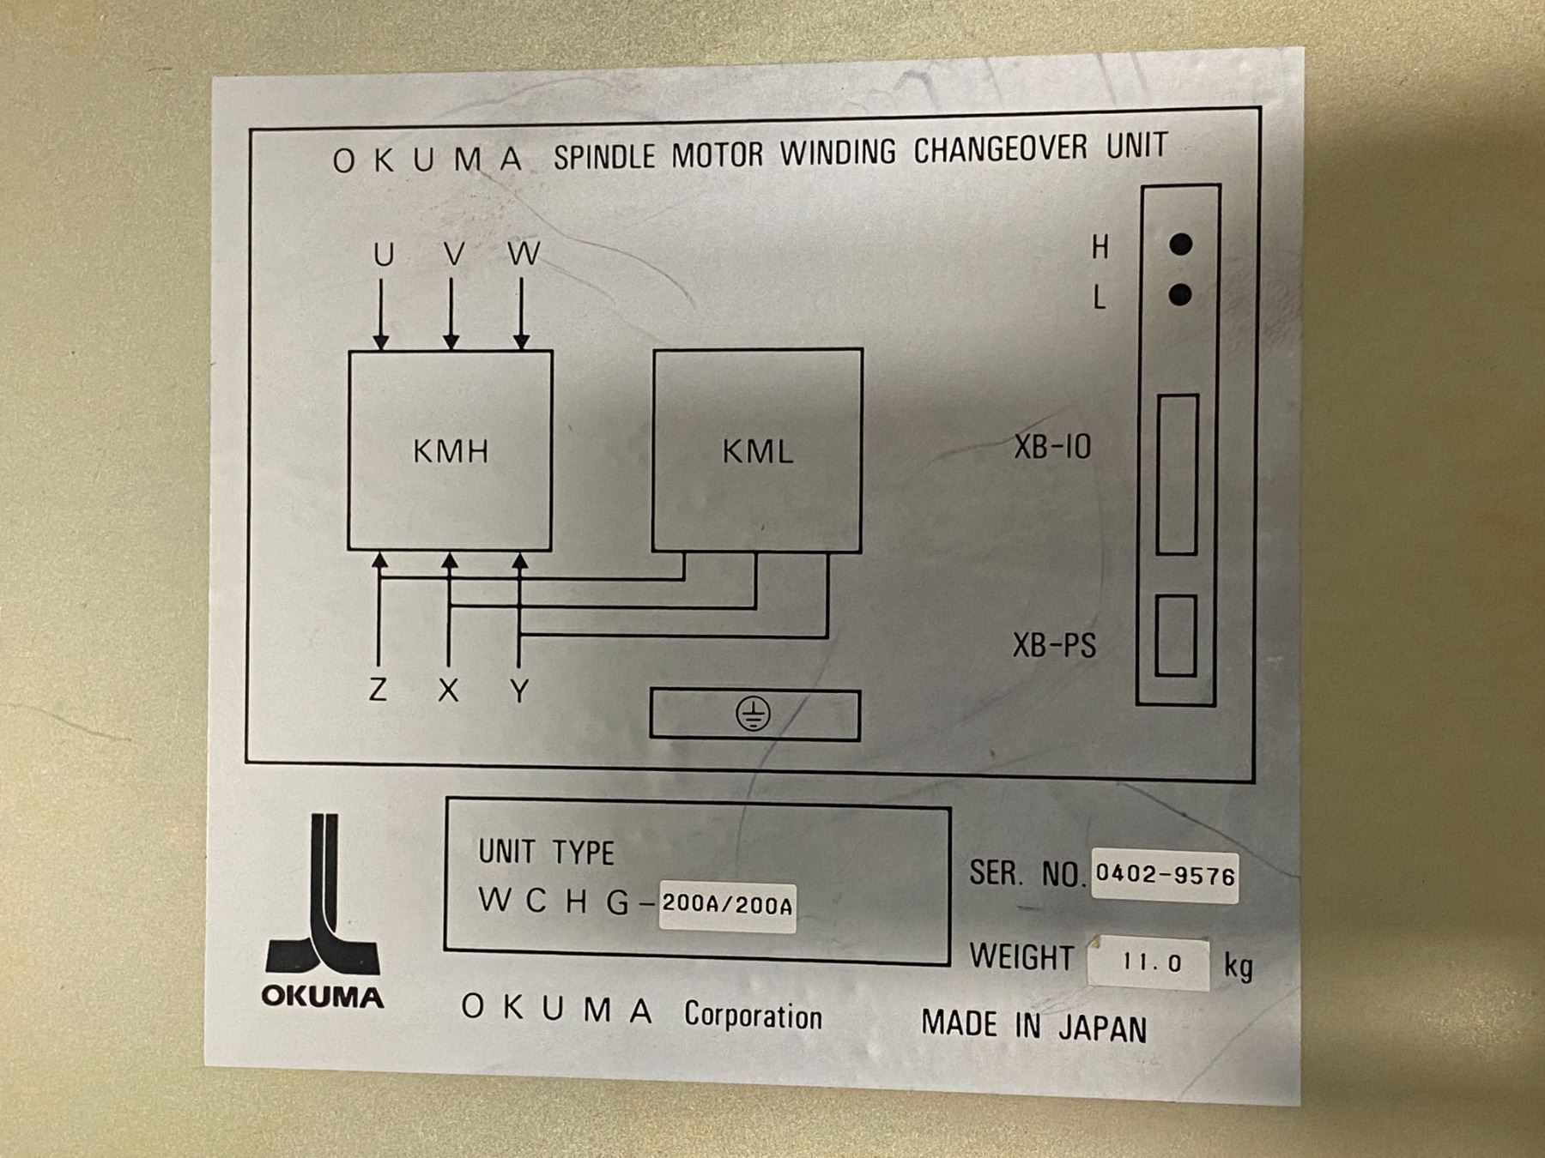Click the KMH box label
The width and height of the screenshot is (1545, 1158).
click(451, 451)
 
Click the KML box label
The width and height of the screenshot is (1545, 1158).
click(757, 451)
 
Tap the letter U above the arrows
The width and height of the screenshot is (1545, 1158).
click(384, 255)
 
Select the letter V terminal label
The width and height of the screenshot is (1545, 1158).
click(454, 254)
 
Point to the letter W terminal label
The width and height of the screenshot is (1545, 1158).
click(524, 253)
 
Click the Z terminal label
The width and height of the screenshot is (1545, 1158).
click(378, 690)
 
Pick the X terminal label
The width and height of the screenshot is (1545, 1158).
click(448, 691)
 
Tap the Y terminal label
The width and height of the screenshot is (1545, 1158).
click(519, 691)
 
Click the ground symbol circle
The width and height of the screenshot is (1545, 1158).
click(753, 714)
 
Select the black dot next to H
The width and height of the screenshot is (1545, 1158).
click(1181, 244)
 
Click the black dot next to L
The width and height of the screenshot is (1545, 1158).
click(1180, 295)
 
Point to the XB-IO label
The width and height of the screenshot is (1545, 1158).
click(1052, 447)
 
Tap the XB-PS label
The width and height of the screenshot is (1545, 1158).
click(1054, 645)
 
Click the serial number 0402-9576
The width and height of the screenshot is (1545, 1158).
click(1165, 875)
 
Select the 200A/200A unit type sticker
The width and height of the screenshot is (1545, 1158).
click(727, 906)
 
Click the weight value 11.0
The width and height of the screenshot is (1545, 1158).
click(1151, 963)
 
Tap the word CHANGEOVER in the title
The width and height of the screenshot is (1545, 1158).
click(1000, 150)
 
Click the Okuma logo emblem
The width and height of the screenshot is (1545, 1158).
click(323, 909)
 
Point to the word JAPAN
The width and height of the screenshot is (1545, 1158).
click(1102, 1028)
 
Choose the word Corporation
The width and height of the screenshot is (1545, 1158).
click(753, 1016)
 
